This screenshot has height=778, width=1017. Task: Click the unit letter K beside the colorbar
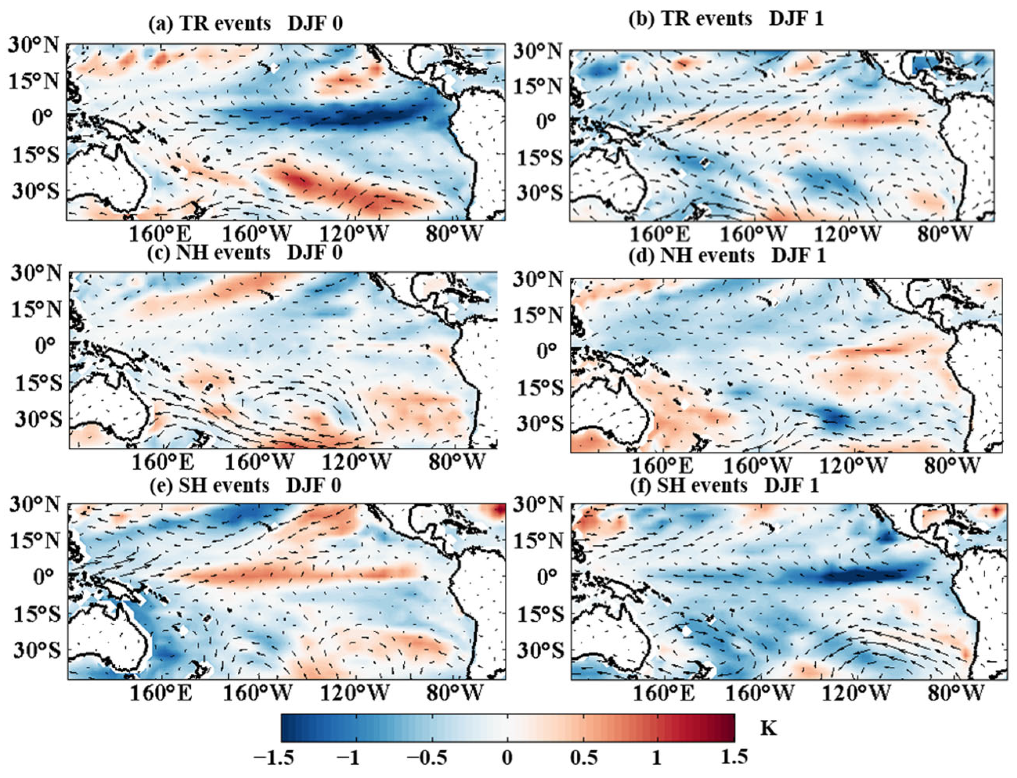coord(768,729)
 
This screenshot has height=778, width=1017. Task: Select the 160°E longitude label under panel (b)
coord(659,235)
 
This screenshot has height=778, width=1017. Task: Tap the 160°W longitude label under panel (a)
coord(257,234)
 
